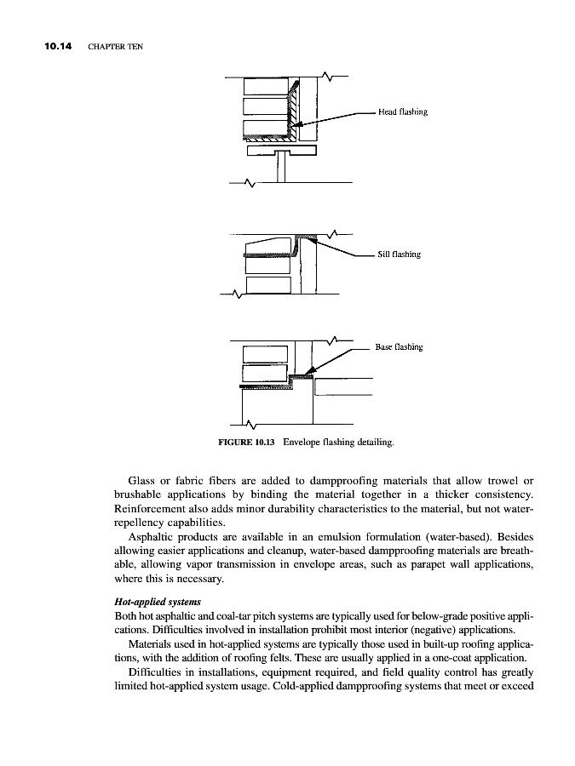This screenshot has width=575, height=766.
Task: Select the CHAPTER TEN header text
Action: click(x=115, y=46)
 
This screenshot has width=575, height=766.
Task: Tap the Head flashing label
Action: click(x=403, y=111)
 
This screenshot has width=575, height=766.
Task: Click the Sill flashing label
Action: click(x=400, y=254)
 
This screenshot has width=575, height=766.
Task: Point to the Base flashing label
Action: click(x=399, y=347)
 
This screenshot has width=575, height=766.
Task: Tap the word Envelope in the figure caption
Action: click(x=303, y=443)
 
